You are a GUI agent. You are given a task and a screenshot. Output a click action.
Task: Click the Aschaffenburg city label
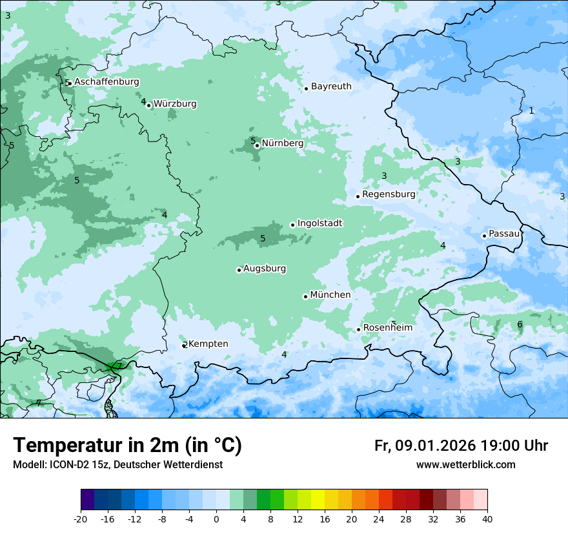(107, 82)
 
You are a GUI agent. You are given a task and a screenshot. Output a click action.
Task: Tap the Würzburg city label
(175, 104)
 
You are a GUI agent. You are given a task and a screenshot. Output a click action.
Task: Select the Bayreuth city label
(331, 87)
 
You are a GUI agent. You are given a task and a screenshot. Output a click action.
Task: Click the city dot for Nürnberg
(257, 145)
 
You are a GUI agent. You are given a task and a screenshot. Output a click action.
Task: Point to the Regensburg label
(389, 194)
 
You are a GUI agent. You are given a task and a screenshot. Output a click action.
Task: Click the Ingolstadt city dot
(292, 225)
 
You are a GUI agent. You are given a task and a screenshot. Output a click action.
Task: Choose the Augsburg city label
(265, 269)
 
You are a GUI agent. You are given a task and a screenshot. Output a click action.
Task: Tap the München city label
(330, 295)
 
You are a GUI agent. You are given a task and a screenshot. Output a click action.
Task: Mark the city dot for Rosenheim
(358, 330)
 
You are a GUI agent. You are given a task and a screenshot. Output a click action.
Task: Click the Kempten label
(208, 344)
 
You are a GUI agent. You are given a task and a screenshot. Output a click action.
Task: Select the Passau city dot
(484, 236)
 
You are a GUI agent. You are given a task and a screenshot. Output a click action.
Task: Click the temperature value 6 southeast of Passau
(520, 325)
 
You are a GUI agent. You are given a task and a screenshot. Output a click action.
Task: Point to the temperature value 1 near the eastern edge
(531, 111)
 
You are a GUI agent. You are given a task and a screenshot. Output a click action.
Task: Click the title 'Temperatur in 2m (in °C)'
(128, 446)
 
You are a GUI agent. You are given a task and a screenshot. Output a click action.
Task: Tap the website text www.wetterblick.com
(465, 465)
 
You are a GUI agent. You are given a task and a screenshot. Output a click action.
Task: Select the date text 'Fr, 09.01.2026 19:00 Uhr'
(461, 446)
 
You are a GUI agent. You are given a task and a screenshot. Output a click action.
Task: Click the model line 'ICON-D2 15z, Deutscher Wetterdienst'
(117, 465)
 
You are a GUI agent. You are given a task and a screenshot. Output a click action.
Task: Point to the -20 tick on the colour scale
(81, 519)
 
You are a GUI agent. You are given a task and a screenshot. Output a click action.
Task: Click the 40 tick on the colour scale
(487, 519)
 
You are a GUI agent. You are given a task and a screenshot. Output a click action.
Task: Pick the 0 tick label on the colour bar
(216, 519)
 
